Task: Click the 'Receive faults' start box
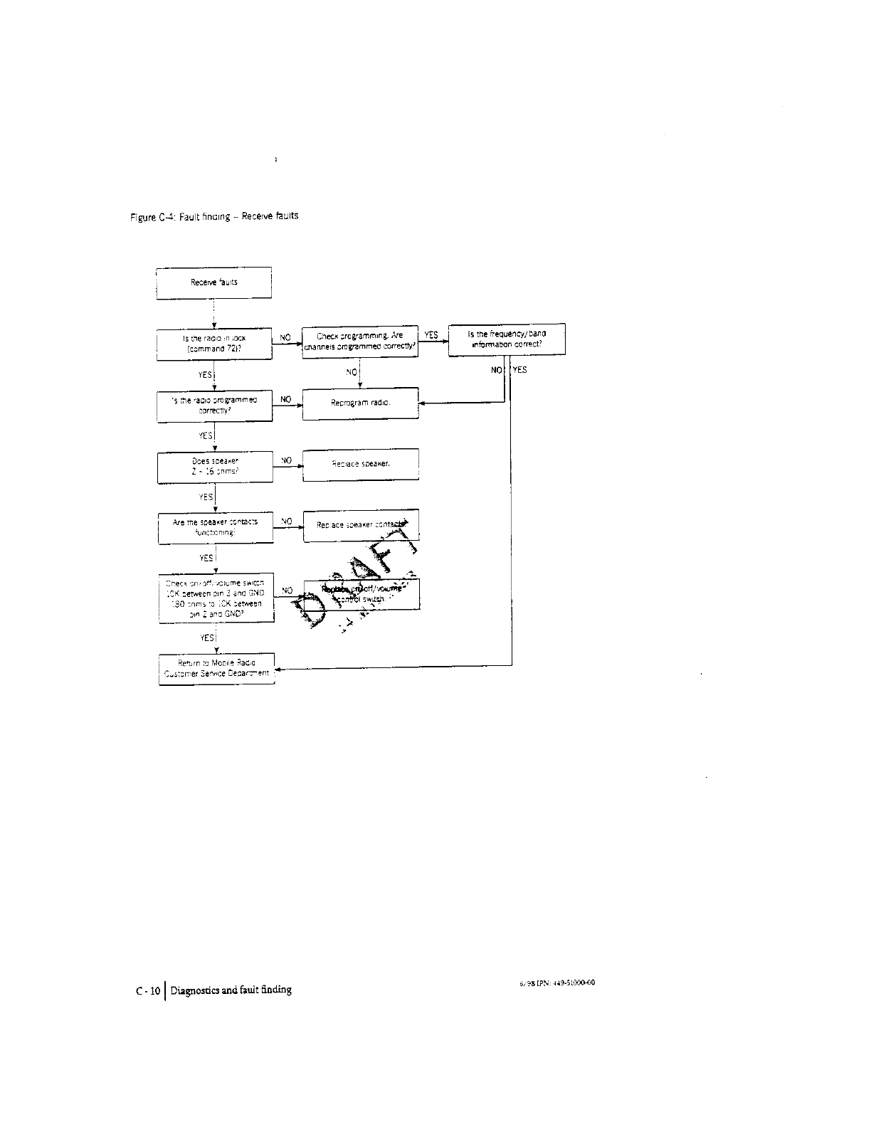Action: tap(213, 282)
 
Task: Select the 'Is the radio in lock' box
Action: tap(214, 344)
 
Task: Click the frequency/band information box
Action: tap(506, 339)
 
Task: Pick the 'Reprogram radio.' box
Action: tap(361, 403)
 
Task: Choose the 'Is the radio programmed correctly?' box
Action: tap(214, 405)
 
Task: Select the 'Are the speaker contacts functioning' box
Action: tap(215, 527)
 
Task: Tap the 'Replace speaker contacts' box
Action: tap(361, 526)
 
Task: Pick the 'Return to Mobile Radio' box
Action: tap(216, 668)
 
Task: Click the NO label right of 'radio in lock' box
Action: tap(285, 337)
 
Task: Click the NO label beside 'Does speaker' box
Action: tap(286, 460)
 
